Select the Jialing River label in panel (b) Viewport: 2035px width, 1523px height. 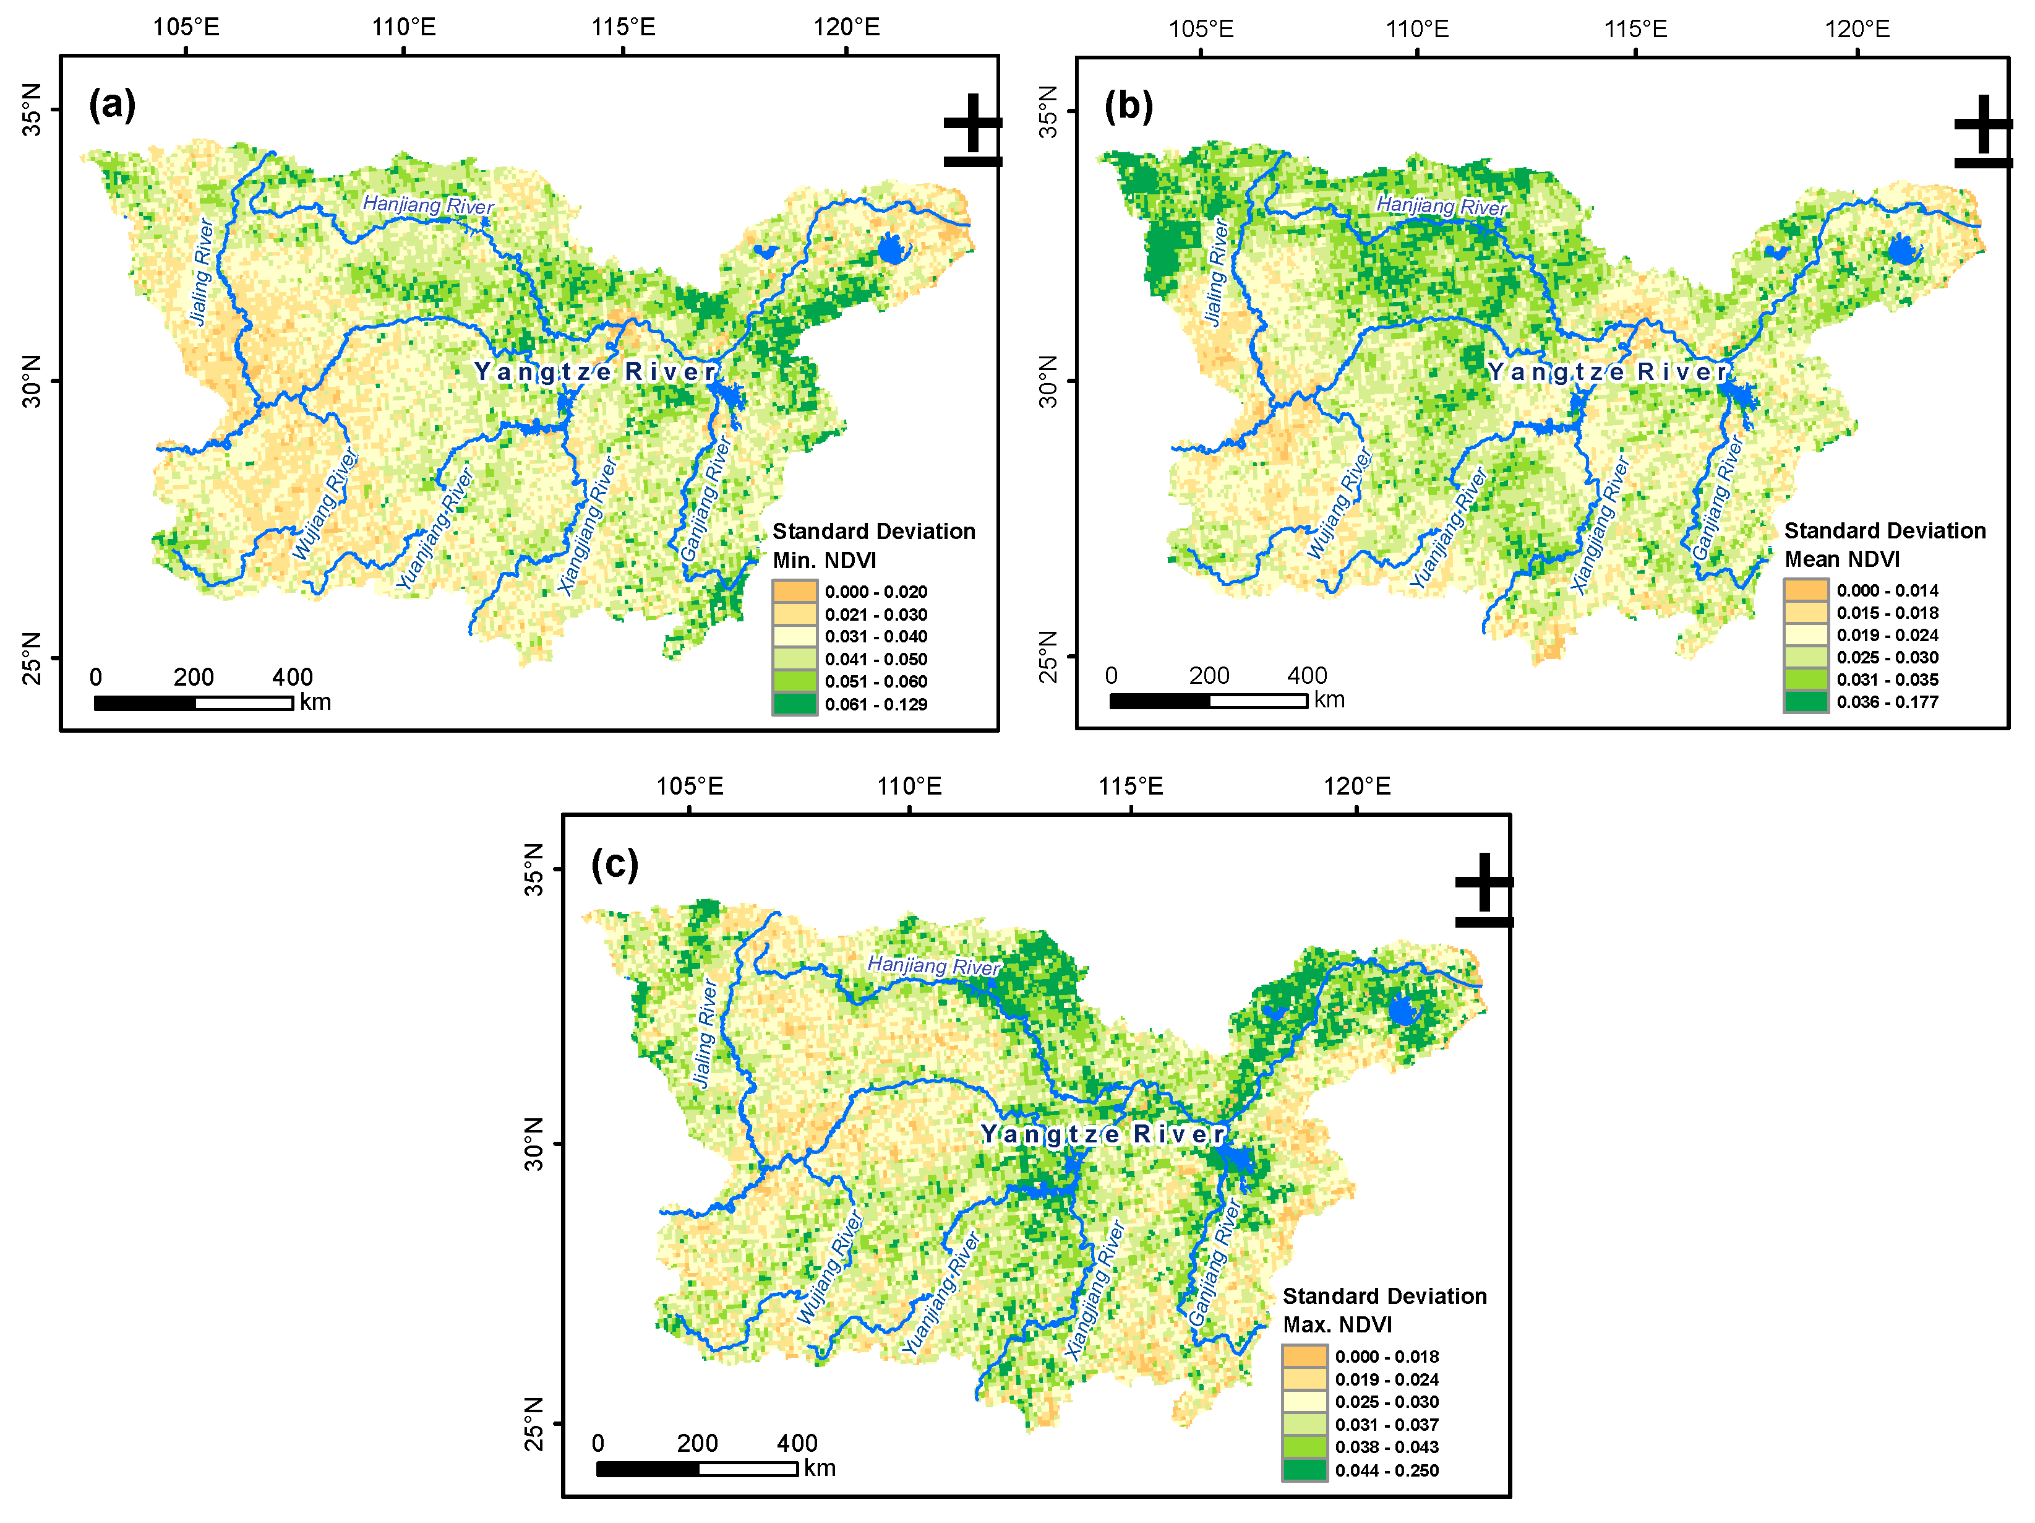click(1216, 272)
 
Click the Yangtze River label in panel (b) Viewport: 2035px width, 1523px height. click(1608, 372)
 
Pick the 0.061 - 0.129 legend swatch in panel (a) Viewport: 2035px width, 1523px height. click(795, 704)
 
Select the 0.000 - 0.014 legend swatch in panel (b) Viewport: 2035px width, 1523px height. click(1806, 590)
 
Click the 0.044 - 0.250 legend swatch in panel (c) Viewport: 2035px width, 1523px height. click(1305, 1470)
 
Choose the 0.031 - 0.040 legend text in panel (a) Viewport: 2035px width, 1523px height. click(876, 637)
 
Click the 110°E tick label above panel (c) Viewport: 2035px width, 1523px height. click(909, 787)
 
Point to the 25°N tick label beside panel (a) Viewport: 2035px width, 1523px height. click(32, 658)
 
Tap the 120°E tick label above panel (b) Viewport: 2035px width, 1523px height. click(1857, 28)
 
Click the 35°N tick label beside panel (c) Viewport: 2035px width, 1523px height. click(534, 869)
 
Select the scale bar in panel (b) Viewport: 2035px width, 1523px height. click(1208, 701)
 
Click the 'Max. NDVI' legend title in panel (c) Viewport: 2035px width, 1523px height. click(1338, 1324)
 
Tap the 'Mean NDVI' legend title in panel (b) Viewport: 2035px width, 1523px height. click(1842, 559)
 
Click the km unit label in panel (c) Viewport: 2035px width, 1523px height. click(820, 1468)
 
